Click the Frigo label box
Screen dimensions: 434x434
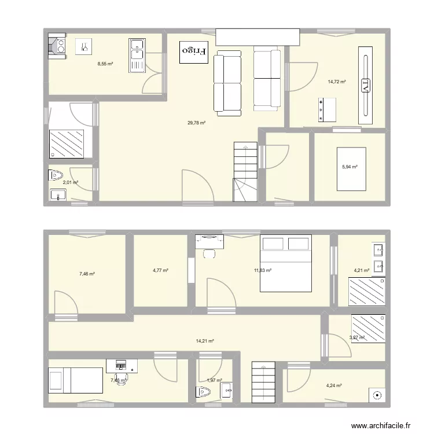click(x=194, y=52)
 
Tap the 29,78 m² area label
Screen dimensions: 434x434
click(x=197, y=123)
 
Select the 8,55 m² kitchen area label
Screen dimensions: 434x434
click(x=105, y=64)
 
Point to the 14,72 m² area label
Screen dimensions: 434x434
click(x=336, y=82)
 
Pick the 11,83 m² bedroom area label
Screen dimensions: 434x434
click(x=263, y=270)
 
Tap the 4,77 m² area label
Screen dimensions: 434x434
click(x=161, y=270)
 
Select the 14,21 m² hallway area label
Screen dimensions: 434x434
click(x=205, y=341)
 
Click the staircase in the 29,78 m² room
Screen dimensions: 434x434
click(x=245, y=172)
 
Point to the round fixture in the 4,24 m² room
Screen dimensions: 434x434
click(x=377, y=396)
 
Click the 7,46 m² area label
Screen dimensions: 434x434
click(x=87, y=274)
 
